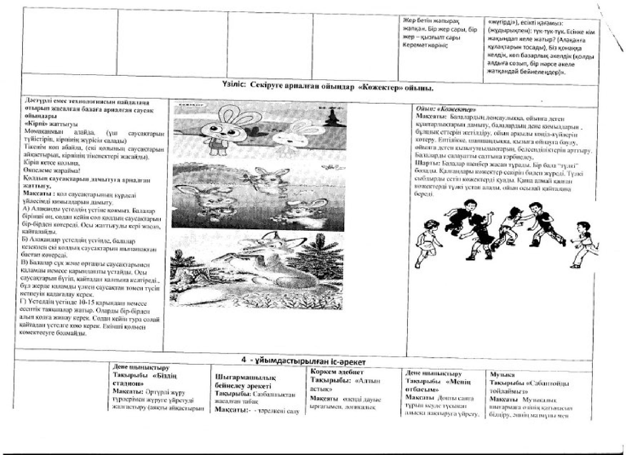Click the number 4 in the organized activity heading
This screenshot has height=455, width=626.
pyautogui.click(x=244, y=360)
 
